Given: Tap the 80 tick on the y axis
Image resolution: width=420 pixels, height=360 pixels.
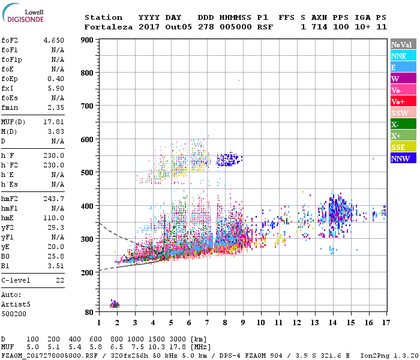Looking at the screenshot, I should pos(88,312).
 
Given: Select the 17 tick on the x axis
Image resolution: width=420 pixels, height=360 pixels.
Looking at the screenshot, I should pos(385,322).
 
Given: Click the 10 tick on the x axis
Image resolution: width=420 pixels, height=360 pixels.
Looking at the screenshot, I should pos(260,322).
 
